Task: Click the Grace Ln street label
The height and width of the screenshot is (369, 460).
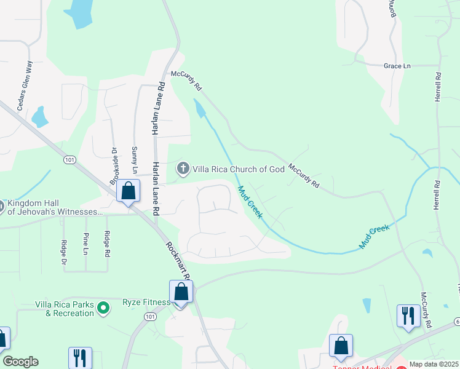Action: (397, 66)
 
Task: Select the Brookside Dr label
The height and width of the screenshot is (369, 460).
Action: (113, 165)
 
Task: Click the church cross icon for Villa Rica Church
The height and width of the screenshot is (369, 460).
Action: (183, 169)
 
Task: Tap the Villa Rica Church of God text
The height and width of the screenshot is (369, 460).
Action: (239, 169)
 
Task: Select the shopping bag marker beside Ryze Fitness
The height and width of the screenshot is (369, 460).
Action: (181, 292)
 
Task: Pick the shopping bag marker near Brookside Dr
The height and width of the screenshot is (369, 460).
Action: (128, 191)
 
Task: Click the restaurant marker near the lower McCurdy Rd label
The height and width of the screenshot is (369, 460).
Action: (408, 317)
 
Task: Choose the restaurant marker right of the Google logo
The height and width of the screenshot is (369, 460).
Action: (80, 357)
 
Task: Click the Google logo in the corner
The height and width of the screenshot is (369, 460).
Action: (20, 362)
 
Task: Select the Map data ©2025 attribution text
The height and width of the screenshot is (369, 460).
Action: (434, 364)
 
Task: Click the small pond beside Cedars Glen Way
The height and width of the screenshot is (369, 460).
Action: (39, 116)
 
